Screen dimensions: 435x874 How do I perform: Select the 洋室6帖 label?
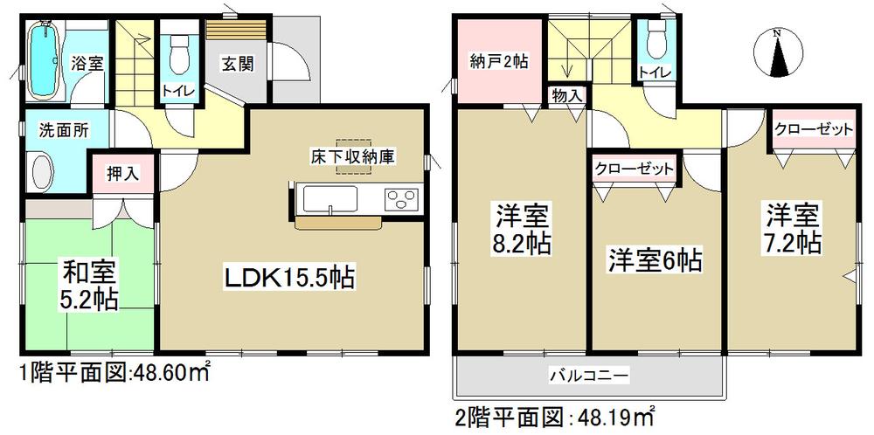coord(656,259)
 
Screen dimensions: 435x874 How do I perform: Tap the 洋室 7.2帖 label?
coord(793,229)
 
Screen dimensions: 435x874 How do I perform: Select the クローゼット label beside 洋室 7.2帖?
coord(812,129)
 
